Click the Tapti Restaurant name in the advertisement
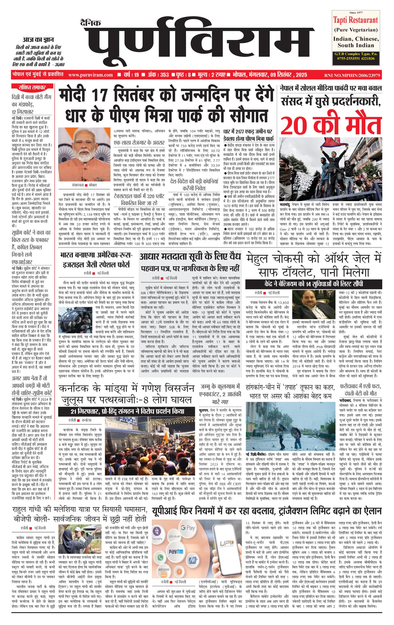pos(356,20)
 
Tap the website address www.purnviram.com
pos(91,75)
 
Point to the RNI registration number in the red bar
pos(352,75)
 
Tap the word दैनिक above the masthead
pos(91,22)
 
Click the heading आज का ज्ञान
pos(38,40)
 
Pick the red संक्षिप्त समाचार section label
pos(32,88)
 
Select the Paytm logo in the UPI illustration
pos(176,551)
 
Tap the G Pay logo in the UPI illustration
pos(188,528)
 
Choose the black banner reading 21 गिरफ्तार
pos(127,411)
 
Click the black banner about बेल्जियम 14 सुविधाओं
pos(314,284)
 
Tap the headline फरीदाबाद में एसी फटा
pos(360,390)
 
